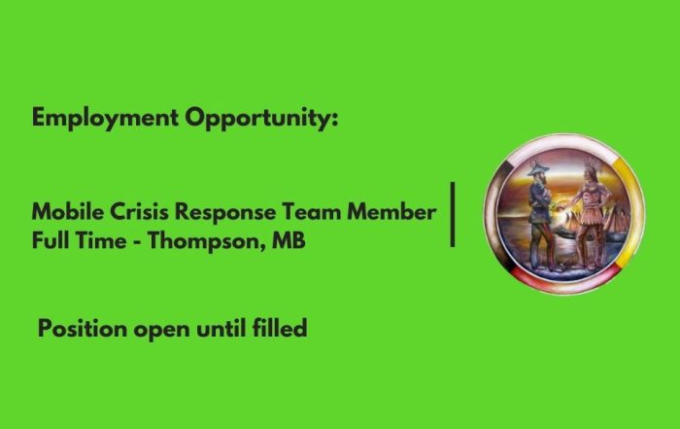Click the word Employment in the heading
105,118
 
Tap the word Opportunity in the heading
258,118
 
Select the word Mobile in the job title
68,212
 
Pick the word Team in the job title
311,212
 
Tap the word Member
391,212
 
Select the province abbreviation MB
289,240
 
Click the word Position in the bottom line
82,328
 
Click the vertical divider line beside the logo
453,214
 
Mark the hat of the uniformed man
538,167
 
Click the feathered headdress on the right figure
593,166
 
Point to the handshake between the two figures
562,204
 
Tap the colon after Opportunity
334,119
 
